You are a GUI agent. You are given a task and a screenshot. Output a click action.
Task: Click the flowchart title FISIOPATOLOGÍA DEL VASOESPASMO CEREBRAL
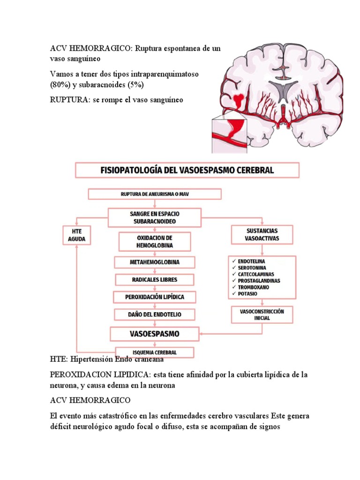[x=187, y=170]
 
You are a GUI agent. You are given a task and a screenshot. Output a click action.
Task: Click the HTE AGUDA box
[x=77, y=236]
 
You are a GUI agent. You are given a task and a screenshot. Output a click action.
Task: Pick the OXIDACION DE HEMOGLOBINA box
[x=148, y=241]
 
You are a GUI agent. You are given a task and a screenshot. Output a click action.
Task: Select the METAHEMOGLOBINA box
[x=148, y=262]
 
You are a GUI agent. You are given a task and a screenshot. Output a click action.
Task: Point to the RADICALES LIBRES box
[x=148, y=280]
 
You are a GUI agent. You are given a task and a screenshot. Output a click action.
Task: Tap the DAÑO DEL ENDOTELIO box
[x=148, y=315]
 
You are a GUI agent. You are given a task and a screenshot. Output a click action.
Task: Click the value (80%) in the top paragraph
[x=60, y=85]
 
